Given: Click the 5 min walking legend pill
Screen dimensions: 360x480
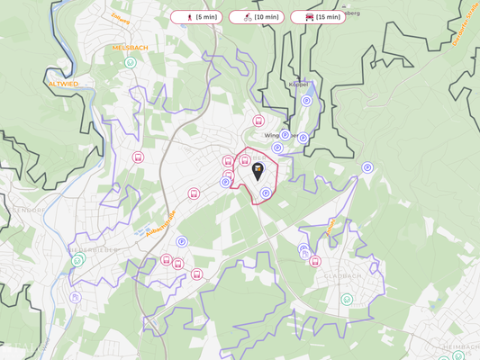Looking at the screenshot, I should click(x=195, y=17).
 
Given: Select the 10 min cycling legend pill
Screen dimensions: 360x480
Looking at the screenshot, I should click(x=257, y=17).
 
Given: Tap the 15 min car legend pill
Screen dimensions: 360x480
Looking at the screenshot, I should click(x=318, y=17).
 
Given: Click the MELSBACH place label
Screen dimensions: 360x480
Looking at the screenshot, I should click(x=130, y=48).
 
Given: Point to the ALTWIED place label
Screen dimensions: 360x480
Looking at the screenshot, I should click(x=63, y=84).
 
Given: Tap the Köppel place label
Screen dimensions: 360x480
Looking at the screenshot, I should click(x=299, y=84).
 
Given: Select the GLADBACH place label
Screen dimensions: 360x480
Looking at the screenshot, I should click(x=342, y=276).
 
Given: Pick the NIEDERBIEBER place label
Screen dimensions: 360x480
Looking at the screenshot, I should click(x=93, y=251).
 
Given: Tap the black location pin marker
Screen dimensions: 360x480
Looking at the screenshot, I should click(x=258, y=171).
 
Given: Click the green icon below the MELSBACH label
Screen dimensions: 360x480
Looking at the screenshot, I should click(x=131, y=63).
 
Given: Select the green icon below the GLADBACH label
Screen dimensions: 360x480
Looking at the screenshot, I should click(x=347, y=300).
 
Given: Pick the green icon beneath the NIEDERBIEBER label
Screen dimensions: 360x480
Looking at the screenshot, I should click(x=78, y=261).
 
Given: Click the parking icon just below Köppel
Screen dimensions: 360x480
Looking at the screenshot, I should click(x=307, y=101).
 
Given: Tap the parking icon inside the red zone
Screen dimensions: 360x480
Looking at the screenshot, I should click(x=266, y=193).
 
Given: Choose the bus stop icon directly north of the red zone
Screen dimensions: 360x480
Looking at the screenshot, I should click(x=258, y=121).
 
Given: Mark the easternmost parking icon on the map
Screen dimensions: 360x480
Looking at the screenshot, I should click(x=367, y=167).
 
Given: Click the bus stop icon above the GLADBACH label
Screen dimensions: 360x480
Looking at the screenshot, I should click(x=315, y=261).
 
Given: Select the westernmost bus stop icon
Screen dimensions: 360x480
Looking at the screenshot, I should click(x=138, y=157).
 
